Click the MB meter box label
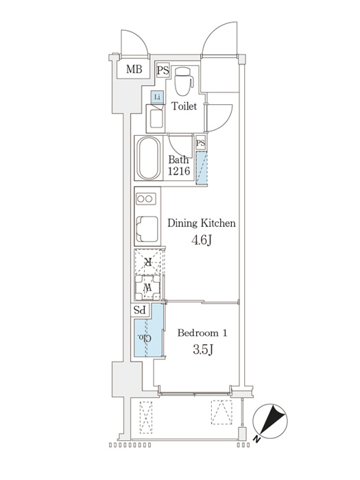(134, 69)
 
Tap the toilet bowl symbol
(184, 81)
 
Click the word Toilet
(184, 106)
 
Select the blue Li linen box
(157, 97)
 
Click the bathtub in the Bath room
(149, 158)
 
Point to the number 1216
(179, 171)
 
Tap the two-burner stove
(145, 199)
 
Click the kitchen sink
(147, 229)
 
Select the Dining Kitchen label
(202, 223)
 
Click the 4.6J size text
(202, 241)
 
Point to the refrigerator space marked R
(149, 262)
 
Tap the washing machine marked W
(148, 287)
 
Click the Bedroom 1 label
(202, 333)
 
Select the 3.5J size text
(203, 349)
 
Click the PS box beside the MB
(163, 71)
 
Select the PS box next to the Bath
(201, 143)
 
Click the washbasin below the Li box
(156, 119)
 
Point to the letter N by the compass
(256, 440)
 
